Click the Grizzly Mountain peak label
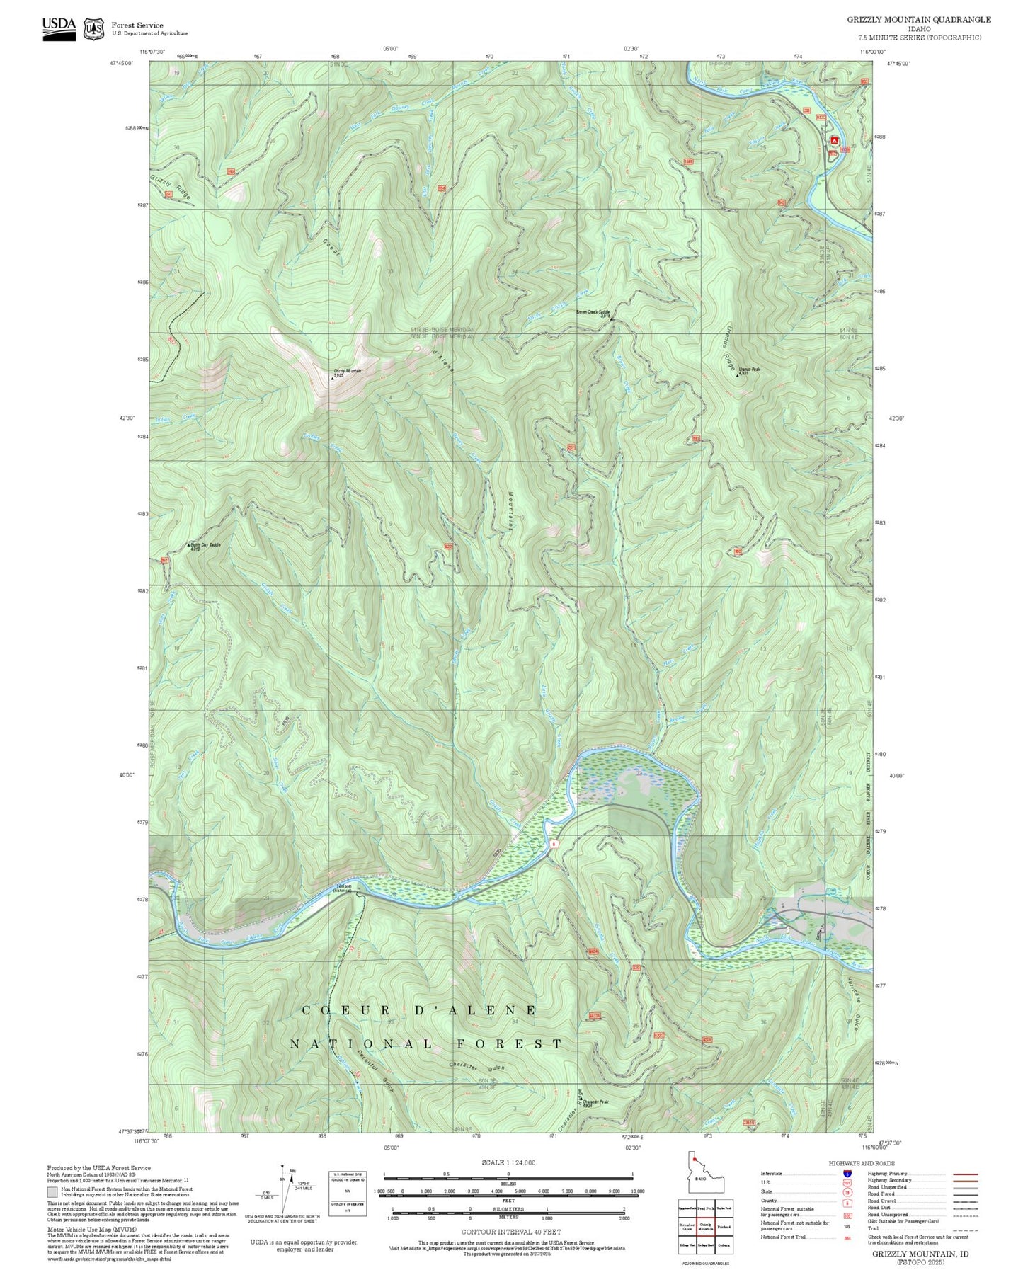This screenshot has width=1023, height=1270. [347, 372]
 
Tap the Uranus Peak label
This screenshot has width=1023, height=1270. [749, 370]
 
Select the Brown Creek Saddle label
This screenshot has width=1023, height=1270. [593, 313]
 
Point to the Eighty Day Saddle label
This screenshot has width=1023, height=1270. [205, 545]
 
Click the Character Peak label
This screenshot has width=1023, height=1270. [595, 1102]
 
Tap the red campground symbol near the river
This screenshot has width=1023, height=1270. [834, 140]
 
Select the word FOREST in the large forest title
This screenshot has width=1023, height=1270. [509, 1043]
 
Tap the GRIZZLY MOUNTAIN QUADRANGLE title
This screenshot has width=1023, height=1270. [919, 20]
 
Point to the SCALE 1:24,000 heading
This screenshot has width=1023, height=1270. [508, 1162]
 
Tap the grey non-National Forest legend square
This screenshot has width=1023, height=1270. [52, 1192]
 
